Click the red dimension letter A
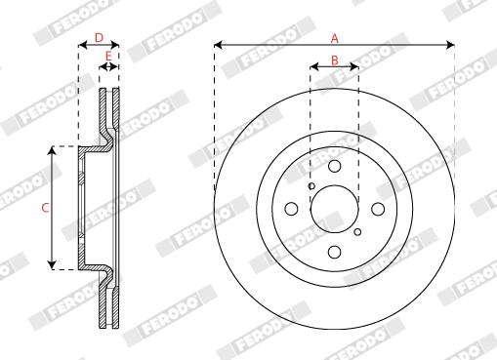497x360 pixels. coord(335,38)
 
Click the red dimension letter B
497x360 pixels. coord(335,60)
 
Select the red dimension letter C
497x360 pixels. coord(45,208)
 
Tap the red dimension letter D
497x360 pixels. coord(99,38)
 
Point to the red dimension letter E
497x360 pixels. coord(108,56)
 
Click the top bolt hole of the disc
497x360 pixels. coord(334,166)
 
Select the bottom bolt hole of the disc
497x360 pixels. coord(334,252)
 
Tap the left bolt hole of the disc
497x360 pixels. coord(291,209)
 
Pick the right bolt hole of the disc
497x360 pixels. coord(378,209)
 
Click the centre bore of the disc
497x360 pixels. coord(334,209)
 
